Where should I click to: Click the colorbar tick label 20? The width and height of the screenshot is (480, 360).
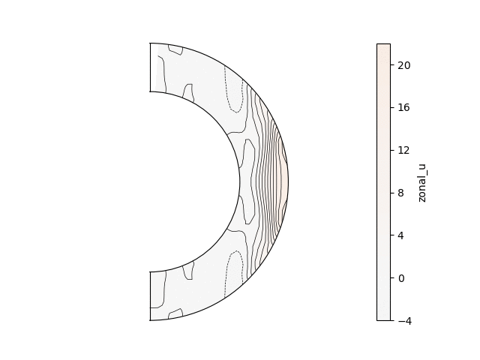click(404, 65)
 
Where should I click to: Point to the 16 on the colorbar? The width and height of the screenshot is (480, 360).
click(404, 107)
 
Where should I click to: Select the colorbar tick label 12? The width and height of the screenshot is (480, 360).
click(404, 150)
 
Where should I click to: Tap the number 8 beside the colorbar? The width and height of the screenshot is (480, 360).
click(401, 193)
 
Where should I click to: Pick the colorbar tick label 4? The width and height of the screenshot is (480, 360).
click(401, 235)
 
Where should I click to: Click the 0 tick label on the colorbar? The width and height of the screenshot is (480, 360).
click(401, 278)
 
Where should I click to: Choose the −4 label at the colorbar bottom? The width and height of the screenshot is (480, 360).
click(405, 321)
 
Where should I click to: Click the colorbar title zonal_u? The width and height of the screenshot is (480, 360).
click(421, 183)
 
